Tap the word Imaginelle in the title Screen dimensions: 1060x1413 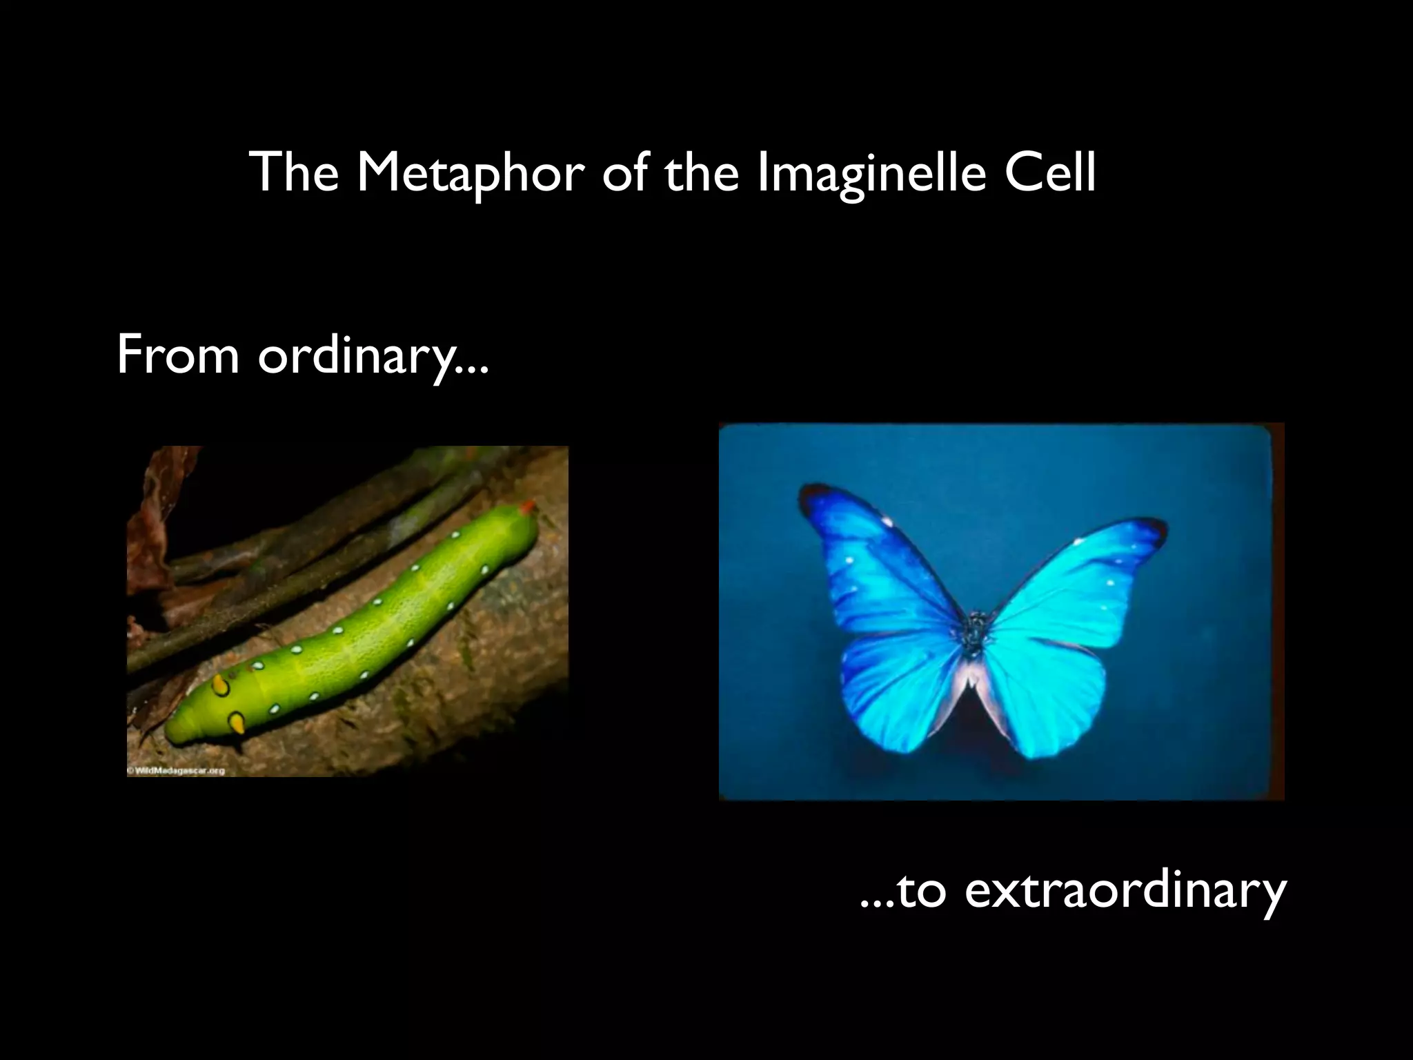tap(872, 173)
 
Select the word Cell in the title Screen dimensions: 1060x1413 tap(1049, 173)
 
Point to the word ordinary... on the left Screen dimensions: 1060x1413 tap(373, 356)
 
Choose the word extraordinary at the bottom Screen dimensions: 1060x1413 tap(1125, 891)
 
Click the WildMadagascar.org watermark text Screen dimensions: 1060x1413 tap(177, 771)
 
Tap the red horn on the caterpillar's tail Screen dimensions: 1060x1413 tap(528, 508)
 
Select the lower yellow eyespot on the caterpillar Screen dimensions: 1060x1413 tap(237, 723)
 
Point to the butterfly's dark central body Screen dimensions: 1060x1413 tap(975, 631)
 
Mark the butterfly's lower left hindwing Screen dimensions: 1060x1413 tap(897, 697)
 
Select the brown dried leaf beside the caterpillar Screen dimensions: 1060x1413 tap(148, 524)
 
